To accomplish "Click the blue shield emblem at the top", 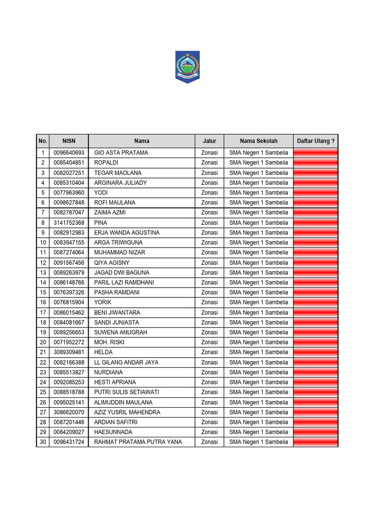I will [187, 67].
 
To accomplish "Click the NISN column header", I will [68, 141].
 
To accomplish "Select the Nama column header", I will [142, 141].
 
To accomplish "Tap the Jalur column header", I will [209, 141].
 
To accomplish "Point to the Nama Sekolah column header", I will [258, 141].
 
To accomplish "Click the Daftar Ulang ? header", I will [316, 141].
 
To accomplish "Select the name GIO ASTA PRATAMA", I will [121, 153].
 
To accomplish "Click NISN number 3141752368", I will [69, 223].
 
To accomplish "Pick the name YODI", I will [101, 193].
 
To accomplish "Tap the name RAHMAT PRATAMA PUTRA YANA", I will [138, 442].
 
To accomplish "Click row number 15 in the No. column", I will [43, 293].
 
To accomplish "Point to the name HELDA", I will [103, 352].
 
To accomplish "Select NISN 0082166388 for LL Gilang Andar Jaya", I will [69, 362].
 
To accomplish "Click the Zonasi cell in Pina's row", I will [209, 223].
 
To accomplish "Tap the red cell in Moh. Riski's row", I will [316, 342].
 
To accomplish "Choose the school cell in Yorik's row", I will [258, 302].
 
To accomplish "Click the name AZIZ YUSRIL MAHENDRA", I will [127, 412].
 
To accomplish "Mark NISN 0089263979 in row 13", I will [69, 273].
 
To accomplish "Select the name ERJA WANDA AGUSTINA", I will [127, 233].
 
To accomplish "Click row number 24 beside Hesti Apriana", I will [43, 382].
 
